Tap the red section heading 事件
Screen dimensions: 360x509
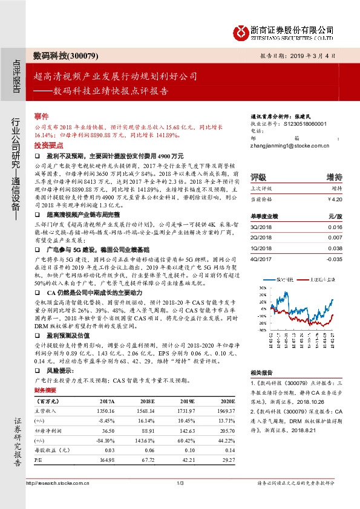coord(41,115)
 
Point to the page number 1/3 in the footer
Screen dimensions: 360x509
coord(180,482)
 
